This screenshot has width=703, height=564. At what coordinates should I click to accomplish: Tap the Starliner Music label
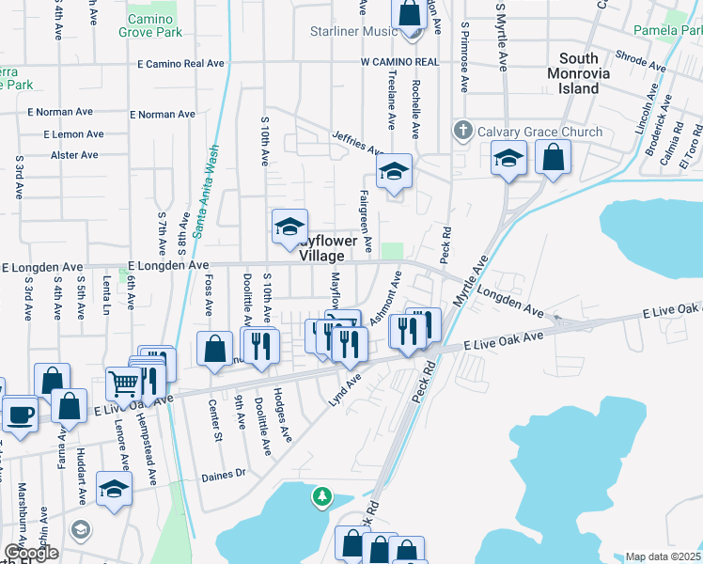354,31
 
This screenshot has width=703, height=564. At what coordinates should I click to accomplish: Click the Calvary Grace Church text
539,132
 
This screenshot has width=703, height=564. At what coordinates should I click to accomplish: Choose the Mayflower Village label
328,248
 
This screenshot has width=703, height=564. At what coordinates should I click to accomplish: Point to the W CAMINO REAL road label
399,62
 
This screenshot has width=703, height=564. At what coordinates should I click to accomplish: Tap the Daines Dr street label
223,476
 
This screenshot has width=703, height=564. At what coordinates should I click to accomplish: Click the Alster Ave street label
75,155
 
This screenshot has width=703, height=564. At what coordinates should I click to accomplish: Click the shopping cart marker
123,383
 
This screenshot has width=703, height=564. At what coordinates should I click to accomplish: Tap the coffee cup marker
19,413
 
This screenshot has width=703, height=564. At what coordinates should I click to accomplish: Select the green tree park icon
322,496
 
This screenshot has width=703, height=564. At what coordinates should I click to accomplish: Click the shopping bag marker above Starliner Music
410,13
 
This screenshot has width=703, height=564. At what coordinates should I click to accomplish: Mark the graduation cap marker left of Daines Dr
114,489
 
